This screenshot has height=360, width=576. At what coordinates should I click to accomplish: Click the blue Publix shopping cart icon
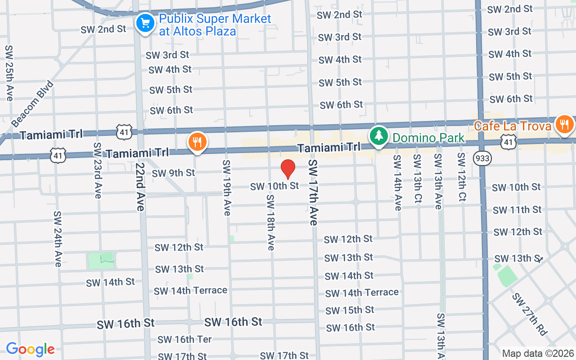145,22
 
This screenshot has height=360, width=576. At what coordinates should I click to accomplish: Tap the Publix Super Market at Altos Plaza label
215,25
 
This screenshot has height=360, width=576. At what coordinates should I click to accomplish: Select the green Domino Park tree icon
379,135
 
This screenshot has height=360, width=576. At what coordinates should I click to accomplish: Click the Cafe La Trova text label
513,126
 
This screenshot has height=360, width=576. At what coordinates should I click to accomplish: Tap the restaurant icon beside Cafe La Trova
564,124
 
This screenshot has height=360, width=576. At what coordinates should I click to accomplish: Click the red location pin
288,169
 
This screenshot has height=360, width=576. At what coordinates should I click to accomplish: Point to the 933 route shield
482,158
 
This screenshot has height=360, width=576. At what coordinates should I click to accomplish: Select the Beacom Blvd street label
32,104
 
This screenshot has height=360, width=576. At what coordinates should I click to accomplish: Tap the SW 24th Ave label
58,238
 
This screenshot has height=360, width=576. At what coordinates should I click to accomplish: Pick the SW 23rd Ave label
97,171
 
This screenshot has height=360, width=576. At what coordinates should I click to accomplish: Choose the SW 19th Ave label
226,187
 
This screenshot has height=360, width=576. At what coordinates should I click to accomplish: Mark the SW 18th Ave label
270,222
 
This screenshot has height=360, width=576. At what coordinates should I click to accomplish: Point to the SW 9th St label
173,173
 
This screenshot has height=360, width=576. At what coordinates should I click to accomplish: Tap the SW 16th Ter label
184,339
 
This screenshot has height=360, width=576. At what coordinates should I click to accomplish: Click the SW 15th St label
350,310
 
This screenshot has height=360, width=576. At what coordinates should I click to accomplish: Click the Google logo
30,349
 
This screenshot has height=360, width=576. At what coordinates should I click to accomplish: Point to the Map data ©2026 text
538,353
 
